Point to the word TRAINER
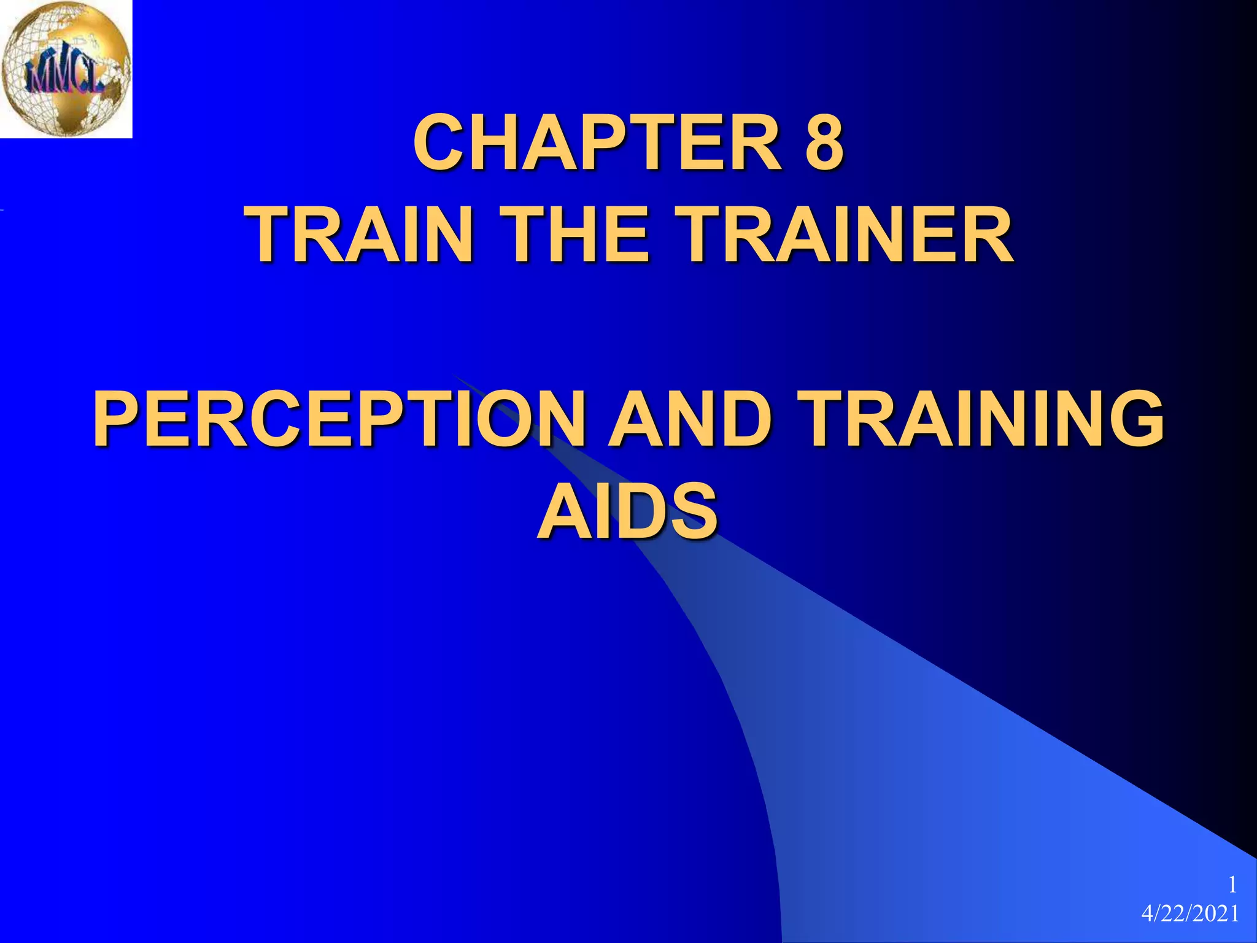pos(847,234)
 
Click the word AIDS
pos(628,511)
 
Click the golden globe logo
pos(66,68)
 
